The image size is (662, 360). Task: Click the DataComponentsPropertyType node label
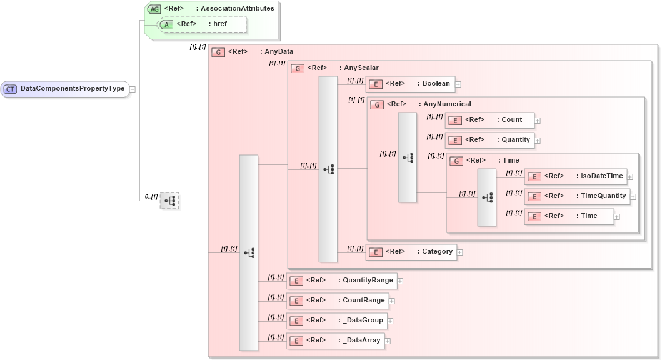click(x=73, y=89)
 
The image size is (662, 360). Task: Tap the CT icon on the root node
click(x=11, y=89)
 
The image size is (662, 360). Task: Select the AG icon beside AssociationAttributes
click(x=154, y=9)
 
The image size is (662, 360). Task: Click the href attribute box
click(x=203, y=24)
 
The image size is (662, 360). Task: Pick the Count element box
click(x=489, y=120)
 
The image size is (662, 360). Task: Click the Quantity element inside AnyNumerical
click(x=489, y=140)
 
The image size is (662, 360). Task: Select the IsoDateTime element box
click(x=575, y=176)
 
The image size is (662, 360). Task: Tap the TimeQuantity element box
click(x=576, y=196)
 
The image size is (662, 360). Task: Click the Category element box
click(x=411, y=252)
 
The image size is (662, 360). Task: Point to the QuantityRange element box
click(x=341, y=281)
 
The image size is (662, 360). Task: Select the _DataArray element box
click(x=335, y=341)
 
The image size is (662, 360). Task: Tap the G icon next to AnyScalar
click(x=298, y=68)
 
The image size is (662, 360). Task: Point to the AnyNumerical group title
click(x=447, y=104)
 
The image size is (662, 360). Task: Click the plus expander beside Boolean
click(x=458, y=84)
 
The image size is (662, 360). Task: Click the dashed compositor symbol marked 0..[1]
click(x=169, y=201)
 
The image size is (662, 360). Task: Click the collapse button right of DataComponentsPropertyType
click(x=132, y=89)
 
